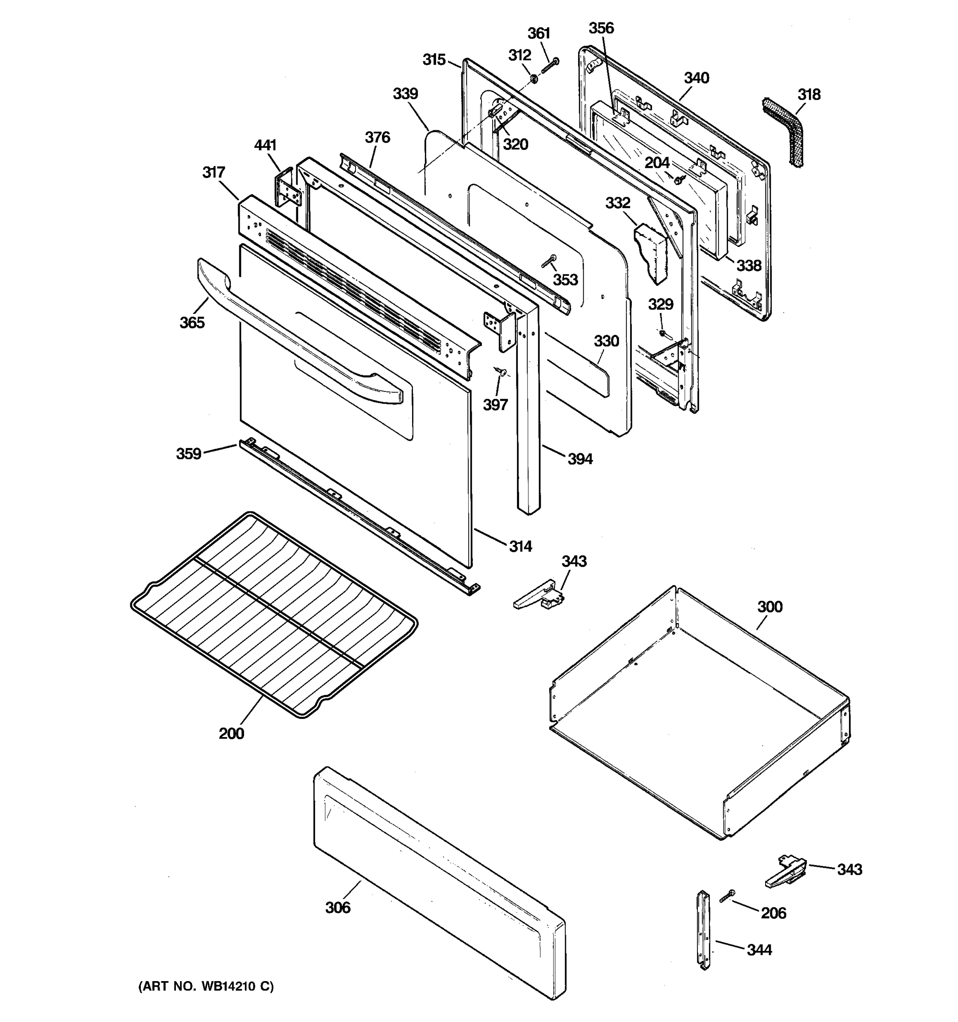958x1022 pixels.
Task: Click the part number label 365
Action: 192,322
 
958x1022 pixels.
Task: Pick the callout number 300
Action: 769,607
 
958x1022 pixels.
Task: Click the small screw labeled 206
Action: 727,896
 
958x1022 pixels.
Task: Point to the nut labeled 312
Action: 534,79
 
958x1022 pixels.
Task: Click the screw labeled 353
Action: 549,261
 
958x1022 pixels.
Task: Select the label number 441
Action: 265,146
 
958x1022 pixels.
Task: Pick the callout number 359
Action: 189,454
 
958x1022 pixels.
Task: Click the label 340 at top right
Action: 697,78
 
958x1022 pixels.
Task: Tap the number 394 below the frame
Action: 580,459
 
